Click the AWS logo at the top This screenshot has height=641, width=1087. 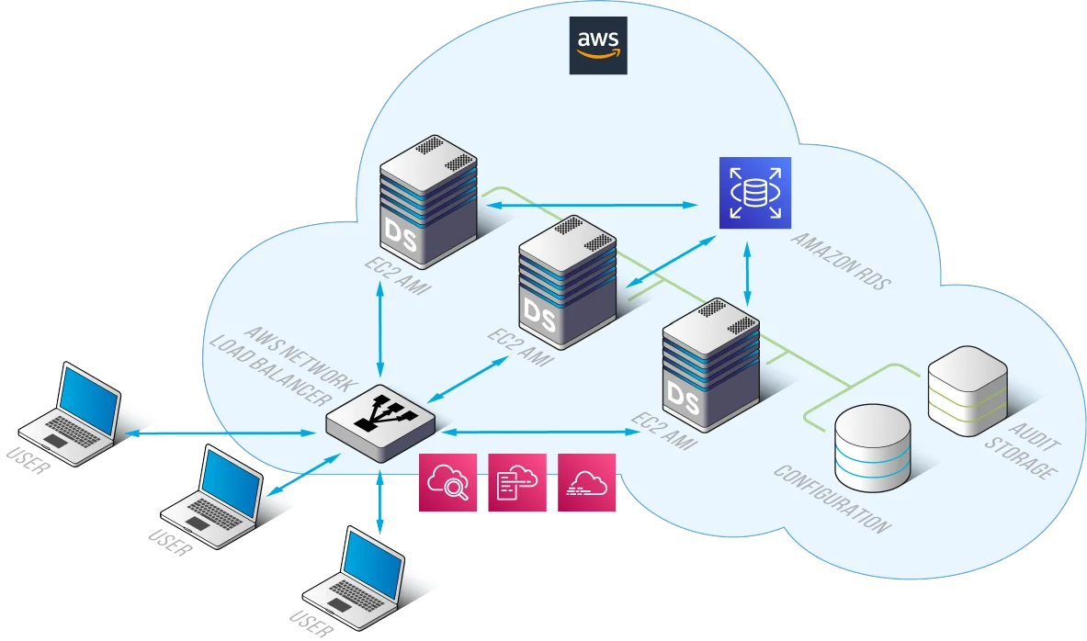click(598, 44)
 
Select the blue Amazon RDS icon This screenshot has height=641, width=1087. click(754, 193)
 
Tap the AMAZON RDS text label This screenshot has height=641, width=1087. click(841, 261)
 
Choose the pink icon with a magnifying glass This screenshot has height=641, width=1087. click(448, 482)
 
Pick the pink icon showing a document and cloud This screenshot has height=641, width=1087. click(516, 482)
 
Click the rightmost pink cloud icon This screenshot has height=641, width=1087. click(585, 482)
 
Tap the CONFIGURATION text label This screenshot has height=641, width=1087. click(831, 500)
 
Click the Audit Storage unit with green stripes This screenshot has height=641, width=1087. click(968, 390)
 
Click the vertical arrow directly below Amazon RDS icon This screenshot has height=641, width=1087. click(748, 274)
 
